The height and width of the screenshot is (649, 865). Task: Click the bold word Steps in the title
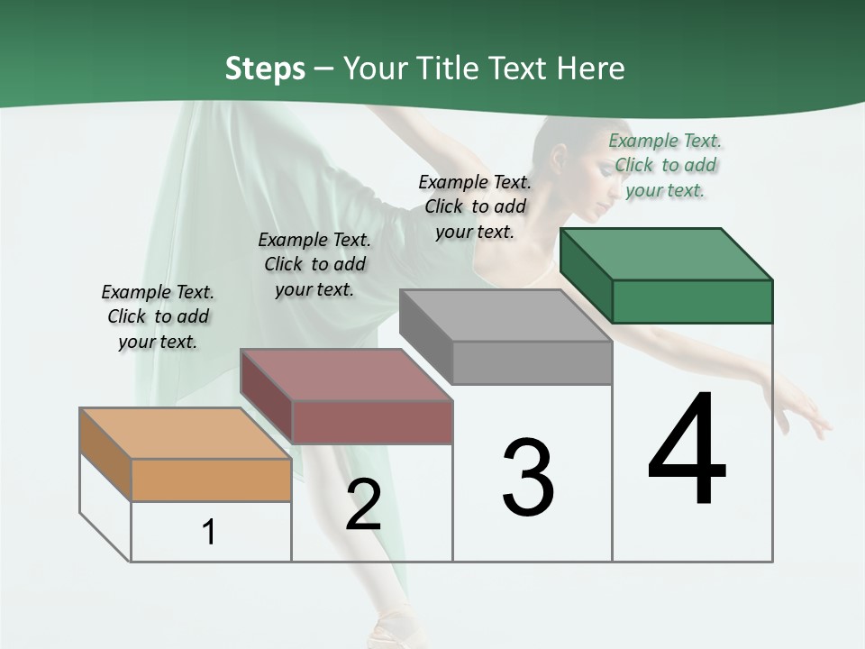265,69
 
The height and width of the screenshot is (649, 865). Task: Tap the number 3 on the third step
528,478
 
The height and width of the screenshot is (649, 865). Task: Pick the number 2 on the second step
363,505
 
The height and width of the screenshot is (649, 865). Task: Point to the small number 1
209,532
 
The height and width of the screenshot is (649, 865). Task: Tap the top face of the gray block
505,315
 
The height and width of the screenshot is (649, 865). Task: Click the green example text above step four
665,165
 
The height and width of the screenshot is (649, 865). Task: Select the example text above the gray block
475,206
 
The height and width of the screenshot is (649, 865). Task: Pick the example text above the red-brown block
314,264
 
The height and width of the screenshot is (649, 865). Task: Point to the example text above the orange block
158,316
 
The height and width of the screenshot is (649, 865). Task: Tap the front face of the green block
692,301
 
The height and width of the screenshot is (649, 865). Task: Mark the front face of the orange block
211,480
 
